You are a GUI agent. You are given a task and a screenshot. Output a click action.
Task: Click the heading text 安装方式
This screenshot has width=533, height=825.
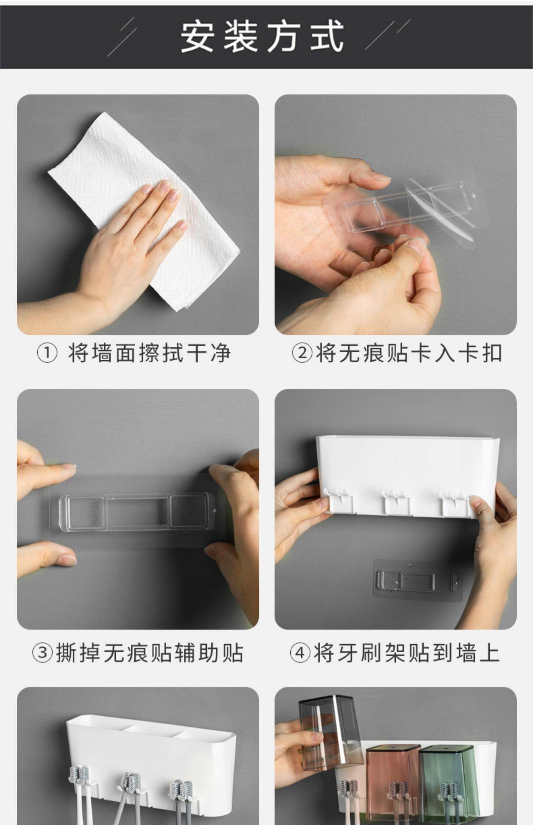click(x=262, y=37)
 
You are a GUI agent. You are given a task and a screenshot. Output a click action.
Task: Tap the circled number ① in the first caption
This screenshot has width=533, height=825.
click(x=47, y=353)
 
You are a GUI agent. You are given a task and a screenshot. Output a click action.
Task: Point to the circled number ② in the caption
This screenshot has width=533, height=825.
click(x=302, y=353)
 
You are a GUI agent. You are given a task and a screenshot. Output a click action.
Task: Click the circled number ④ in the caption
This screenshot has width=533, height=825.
click(x=300, y=653)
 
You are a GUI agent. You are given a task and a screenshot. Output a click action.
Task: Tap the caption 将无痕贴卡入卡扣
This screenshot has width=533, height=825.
click(x=409, y=353)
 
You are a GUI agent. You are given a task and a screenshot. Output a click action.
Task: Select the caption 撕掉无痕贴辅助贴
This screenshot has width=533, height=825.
click(x=150, y=653)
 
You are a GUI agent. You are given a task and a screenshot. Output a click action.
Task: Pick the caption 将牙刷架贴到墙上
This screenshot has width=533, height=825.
click(x=407, y=653)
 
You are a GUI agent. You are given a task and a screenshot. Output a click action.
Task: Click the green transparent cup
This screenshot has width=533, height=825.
click(x=448, y=782)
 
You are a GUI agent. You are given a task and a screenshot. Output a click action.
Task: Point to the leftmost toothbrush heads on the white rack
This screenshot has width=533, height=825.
click(x=80, y=777)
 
